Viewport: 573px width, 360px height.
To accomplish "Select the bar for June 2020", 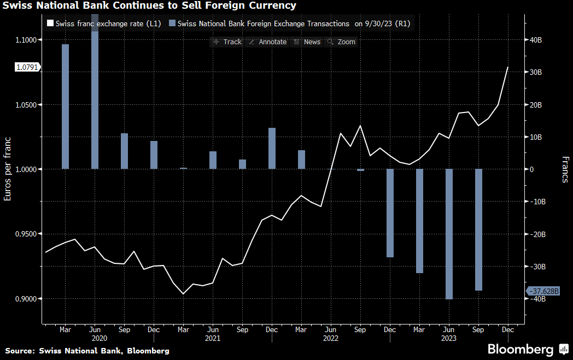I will point(95,98).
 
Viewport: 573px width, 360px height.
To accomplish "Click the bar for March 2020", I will point(65,107).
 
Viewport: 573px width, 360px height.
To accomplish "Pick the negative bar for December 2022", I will point(390,213).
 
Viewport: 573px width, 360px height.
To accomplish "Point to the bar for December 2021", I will point(272,148).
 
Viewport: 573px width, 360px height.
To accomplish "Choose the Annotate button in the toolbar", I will point(267,42).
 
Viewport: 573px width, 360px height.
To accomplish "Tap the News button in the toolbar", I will point(307,42).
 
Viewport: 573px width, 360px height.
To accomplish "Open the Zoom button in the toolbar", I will point(342,42).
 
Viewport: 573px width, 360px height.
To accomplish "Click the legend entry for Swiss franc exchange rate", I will point(104,24).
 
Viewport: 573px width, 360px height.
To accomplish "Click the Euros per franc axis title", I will point(8,169).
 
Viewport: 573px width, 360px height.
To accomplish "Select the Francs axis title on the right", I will point(565,169).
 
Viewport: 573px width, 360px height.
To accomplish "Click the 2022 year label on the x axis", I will point(331,338).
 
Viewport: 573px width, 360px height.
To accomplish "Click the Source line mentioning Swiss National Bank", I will point(87,351).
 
